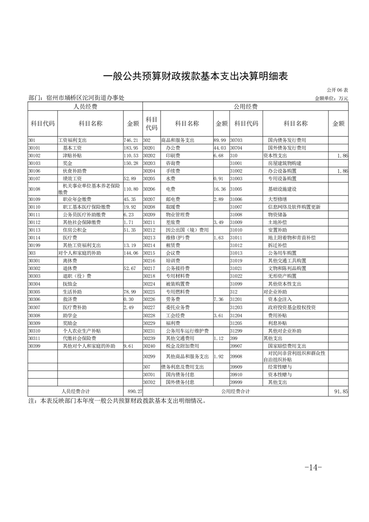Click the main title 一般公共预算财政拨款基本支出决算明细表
click(195, 76)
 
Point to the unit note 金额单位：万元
click(331, 98)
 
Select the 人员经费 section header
click(85, 107)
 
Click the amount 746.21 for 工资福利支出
click(131, 140)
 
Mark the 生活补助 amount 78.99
click(131, 292)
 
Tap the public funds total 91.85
click(341, 392)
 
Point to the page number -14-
click(313, 468)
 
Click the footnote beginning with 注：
click(116, 400)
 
